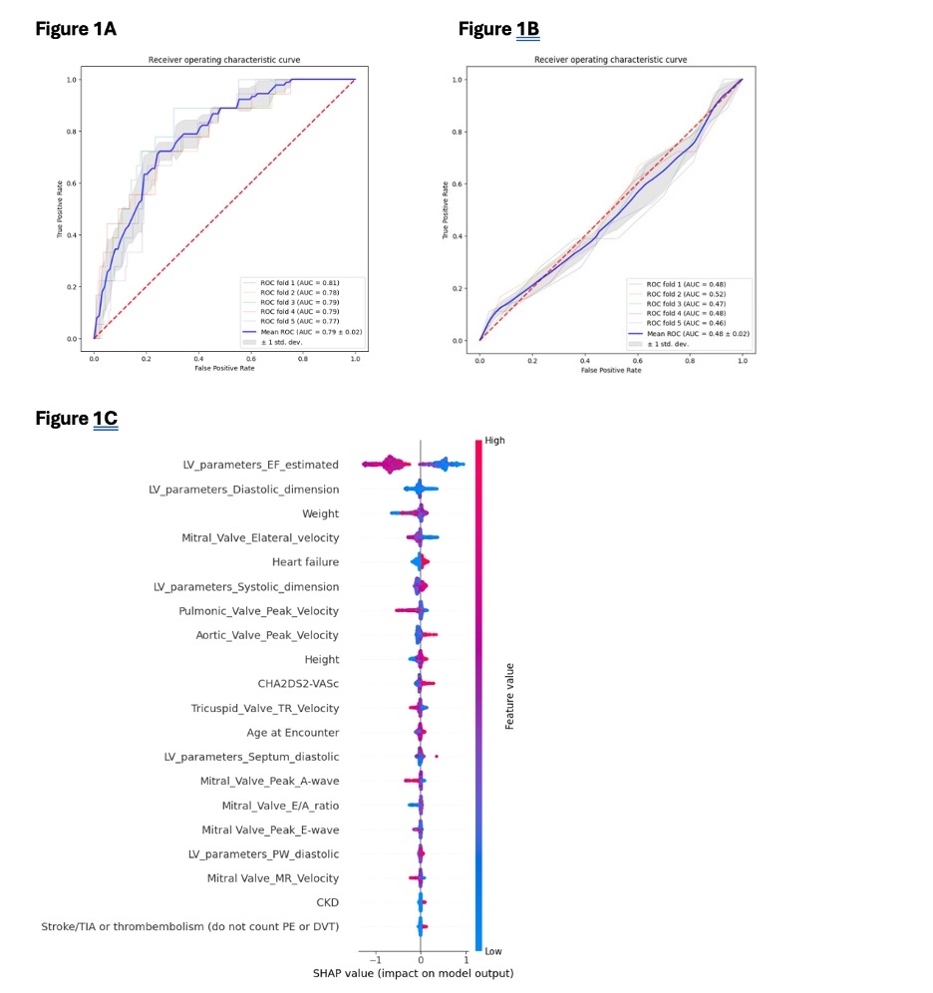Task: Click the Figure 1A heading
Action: point(76,29)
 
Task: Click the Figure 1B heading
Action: point(498,29)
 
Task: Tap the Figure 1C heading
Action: point(76,418)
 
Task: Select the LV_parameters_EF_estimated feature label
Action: point(260,465)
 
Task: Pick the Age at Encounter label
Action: point(294,733)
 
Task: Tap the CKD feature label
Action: point(327,903)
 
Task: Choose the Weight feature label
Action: point(320,513)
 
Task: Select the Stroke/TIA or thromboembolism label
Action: point(189,927)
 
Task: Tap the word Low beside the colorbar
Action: point(492,952)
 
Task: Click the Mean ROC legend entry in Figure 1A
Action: point(299,330)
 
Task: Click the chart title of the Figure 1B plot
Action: point(610,60)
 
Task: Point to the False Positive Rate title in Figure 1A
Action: point(224,368)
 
